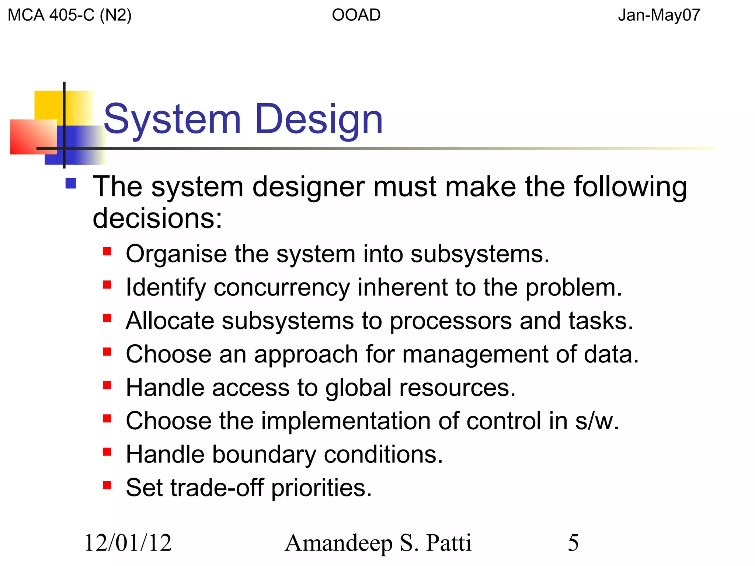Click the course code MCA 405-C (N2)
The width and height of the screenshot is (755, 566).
tap(70, 15)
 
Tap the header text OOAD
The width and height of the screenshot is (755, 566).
tap(356, 15)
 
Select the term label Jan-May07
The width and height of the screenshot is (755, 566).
tap(659, 15)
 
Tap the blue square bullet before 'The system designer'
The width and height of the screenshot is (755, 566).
tap(70, 184)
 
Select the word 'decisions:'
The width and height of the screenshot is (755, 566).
tap(157, 218)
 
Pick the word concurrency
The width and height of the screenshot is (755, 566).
tap(282, 287)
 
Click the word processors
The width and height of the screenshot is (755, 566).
tap(450, 321)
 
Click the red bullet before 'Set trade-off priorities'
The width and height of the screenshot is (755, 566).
tap(107, 485)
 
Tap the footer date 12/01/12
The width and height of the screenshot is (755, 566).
tap(128, 543)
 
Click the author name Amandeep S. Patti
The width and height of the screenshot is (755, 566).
tap(378, 543)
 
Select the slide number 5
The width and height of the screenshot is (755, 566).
tap(573, 543)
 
